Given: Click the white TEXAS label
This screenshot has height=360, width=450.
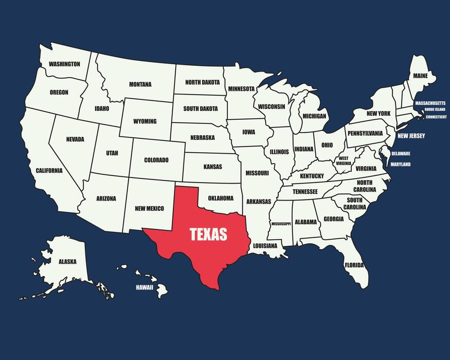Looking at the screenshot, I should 208,235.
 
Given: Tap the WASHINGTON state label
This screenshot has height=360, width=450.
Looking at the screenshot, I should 64,64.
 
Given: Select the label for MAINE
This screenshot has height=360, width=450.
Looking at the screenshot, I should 420,76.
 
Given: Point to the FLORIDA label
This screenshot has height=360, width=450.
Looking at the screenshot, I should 354,265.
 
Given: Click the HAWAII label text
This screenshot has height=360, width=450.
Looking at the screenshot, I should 145,287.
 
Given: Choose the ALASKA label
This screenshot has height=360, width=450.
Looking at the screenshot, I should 67,262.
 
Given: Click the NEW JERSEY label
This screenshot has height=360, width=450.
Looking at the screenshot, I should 411,136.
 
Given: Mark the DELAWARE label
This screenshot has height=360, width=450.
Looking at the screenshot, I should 401,153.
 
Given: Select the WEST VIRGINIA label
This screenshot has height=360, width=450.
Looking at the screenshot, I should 344,160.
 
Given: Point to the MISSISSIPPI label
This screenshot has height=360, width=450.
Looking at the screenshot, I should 281,224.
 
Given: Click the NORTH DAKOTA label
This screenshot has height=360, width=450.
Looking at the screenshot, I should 202,82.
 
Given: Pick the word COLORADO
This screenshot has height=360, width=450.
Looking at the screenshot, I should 156,160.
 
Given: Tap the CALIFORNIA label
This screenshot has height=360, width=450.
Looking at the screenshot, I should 49,170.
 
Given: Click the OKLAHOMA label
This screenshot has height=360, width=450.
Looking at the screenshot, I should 221,198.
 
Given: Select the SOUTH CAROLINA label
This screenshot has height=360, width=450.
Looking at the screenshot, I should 354,204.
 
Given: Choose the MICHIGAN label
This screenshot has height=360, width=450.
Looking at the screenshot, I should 314,116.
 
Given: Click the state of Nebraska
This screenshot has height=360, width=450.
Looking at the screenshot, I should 202,138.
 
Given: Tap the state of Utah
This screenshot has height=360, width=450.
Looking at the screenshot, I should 112,153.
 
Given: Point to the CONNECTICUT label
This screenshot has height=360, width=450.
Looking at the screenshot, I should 436,117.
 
